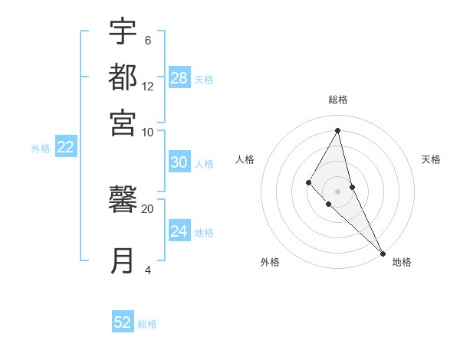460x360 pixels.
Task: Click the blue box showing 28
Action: (179, 77)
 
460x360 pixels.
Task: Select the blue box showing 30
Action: (179, 162)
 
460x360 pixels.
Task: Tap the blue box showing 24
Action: (179, 231)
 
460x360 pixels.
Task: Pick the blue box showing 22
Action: (65, 147)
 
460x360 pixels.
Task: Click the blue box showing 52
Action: (123, 322)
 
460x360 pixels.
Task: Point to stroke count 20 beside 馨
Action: (147, 208)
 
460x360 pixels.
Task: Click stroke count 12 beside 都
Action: (147, 86)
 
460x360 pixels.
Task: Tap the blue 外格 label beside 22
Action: (41, 149)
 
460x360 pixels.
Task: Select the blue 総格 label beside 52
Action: (147, 324)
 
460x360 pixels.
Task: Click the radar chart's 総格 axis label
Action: (337, 100)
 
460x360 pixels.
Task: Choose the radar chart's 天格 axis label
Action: (432, 159)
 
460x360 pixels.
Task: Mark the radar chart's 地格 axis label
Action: (402, 262)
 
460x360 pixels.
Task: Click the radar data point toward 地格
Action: (383, 253)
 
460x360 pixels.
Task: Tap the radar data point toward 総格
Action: (337, 130)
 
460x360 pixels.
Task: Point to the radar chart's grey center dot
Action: (337, 191)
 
